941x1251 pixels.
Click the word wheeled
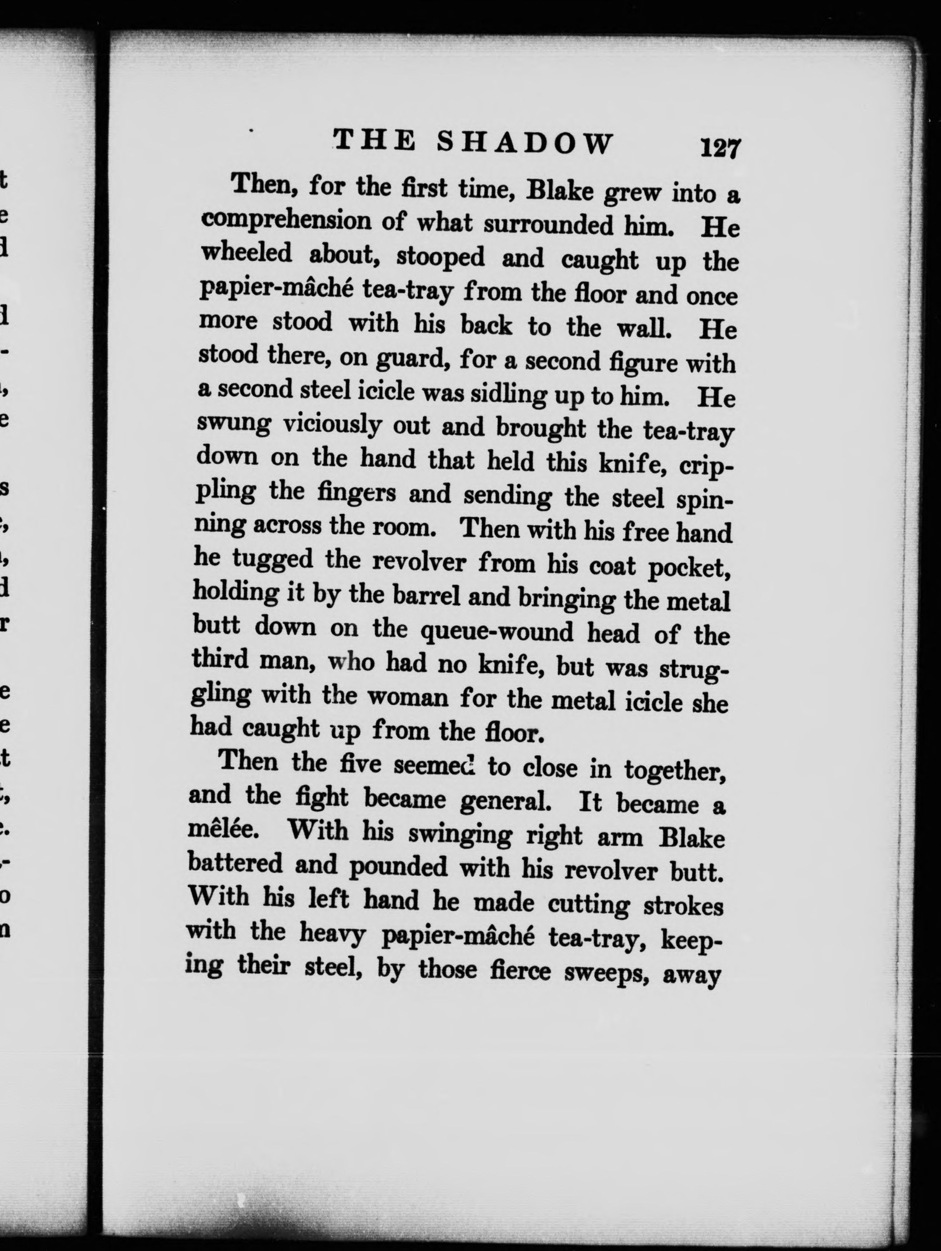pyautogui.click(x=247, y=252)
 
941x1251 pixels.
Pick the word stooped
pyautogui.click(x=440, y=256)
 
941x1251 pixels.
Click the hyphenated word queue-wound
pyautogui.click(x=498, y=631)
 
